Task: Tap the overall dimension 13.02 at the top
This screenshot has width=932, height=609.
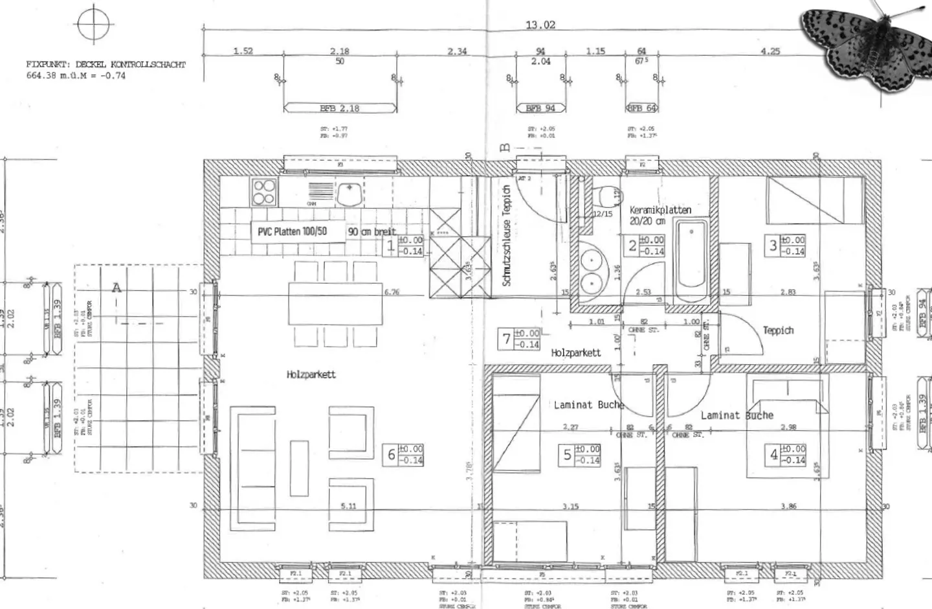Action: coord(540,25)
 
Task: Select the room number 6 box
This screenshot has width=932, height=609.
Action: coord(391,455)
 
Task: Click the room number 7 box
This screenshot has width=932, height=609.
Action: coord(507,339)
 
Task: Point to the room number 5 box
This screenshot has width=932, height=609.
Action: coord(568,455)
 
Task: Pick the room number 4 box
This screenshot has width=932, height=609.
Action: coord(773,455)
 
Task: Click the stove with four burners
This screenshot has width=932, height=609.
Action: coord(264,192)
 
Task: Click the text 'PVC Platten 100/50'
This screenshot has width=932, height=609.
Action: coord(292,231)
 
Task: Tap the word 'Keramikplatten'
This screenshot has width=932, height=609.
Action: coord(660,210)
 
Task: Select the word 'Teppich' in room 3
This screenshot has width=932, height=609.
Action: coord(777,330)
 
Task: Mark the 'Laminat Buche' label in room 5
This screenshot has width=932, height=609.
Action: coord(588,405)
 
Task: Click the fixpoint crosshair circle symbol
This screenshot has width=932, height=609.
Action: coord(94,24)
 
